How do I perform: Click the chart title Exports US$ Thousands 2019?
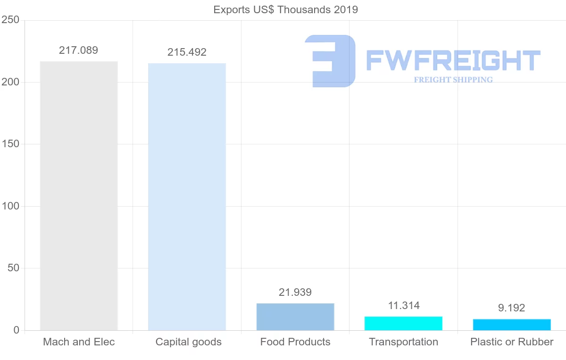[285, 9]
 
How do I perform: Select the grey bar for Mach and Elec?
[79, 196]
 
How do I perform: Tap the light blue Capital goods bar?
[187, 197]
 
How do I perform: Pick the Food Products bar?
[295, 317]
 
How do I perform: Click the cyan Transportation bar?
[403, 323]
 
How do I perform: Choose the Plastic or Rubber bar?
[512, 325]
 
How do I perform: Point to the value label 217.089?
[78, 50]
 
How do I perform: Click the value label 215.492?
[187, 52]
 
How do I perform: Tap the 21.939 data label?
[295, 293]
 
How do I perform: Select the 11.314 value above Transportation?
[404, 306]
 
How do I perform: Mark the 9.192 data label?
[511, 308]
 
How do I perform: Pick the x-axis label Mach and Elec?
[79, 342]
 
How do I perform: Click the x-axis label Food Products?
[295, 342]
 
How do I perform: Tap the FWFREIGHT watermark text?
[453, 60]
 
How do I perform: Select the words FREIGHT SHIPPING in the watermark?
[453, 80]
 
